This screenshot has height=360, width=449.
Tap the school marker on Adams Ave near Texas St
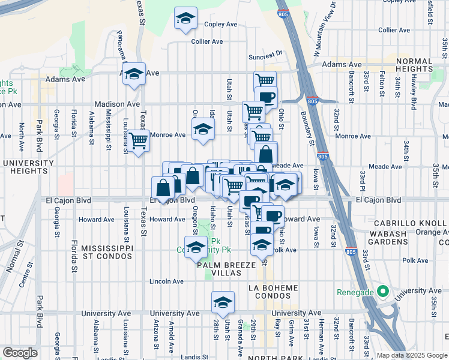(x=134, y=74)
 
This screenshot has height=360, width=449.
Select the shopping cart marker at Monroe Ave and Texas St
(x=139, y=141)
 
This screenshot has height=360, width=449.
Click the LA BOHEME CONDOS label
(x=273, y=292)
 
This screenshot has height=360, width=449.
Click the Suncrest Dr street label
(x=265, y=53)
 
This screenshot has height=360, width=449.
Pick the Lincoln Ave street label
(x=166, y=281)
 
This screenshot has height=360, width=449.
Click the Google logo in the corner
(x=20, y=353)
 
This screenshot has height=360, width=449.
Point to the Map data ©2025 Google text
(x=412, y=355)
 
